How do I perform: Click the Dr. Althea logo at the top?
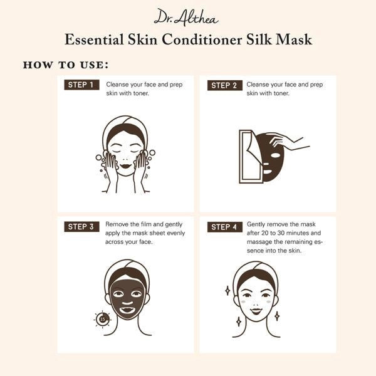click(x=188, y=17)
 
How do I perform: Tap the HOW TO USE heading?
click(x=66, y=65)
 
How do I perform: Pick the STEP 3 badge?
click(x=81, y=227)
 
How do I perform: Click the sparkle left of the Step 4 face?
click(x=227, y=290)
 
